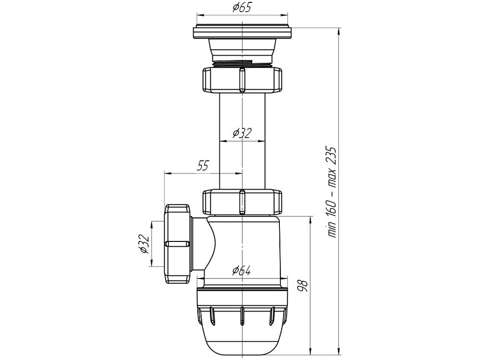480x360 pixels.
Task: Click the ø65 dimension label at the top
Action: tap(242, 8)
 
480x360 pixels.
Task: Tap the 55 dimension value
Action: tap(203, 166)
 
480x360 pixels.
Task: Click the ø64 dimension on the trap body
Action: tap(242, 271)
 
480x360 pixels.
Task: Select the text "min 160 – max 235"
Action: tap(332, 192)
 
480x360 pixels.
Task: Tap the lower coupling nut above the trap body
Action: tap(221, 202)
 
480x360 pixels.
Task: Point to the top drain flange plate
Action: tap(242, 33)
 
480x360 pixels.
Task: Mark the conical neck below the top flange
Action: tap(242, 48)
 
